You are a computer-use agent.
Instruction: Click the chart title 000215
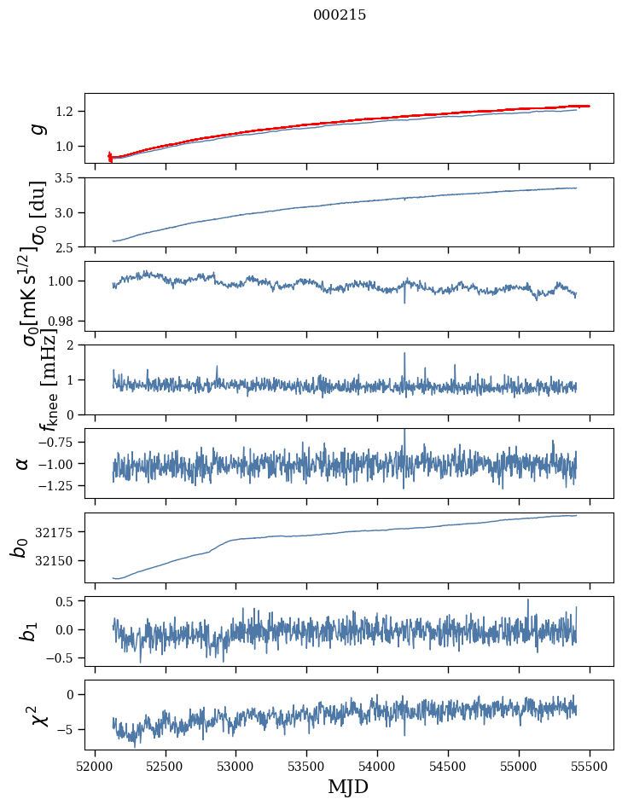340,15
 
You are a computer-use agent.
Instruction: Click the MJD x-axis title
348,786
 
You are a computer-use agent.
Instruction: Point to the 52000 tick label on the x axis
95,766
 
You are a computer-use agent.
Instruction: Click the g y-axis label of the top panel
36,128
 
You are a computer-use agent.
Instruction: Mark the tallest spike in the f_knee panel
404,355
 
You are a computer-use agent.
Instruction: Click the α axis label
23,463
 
